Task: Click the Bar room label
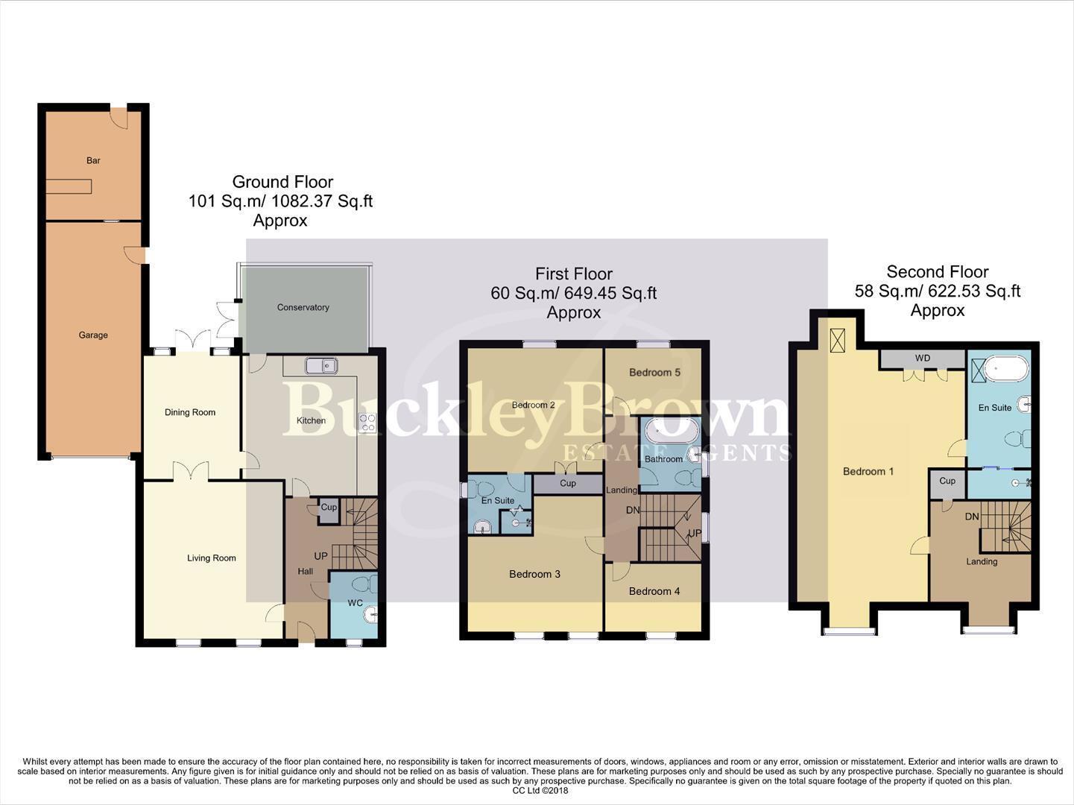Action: click(93, 160)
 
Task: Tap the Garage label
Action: click(93, 335)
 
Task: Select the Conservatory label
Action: click(303, 307)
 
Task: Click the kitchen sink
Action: click(321, 365)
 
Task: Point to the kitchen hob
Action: click(367, 423)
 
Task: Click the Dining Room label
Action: click(190, 412)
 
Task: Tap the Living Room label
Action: click(211, 558)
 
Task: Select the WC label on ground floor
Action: click(355, 602)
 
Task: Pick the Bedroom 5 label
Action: click(654, 372)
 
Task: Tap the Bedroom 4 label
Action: click(654, 591)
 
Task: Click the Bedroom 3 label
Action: click(534, 574)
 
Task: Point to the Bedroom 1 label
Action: click(868, 471)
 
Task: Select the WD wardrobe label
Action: click(922, 359)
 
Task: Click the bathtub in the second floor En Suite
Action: click(1006, 368)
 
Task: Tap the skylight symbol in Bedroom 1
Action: click(838, 341)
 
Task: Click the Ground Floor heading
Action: click(282, 182)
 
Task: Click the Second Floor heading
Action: click(937, 272)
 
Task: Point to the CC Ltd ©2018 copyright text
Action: click(540, 791)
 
